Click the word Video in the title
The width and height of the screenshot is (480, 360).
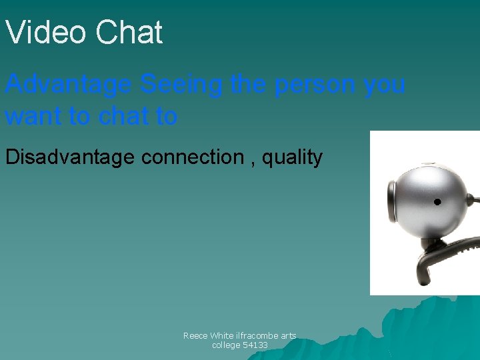pos(45,33)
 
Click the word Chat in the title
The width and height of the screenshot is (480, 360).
pos(129,33)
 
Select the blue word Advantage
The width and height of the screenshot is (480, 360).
pos(69,85)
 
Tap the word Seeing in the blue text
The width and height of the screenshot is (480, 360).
pos(182,85)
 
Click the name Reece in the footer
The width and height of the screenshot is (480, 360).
pos(195,336)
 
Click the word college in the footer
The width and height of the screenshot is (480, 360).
pos(226,345)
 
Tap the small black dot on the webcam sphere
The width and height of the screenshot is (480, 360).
pos(437,201)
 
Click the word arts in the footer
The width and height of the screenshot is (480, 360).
pos(287,336)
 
